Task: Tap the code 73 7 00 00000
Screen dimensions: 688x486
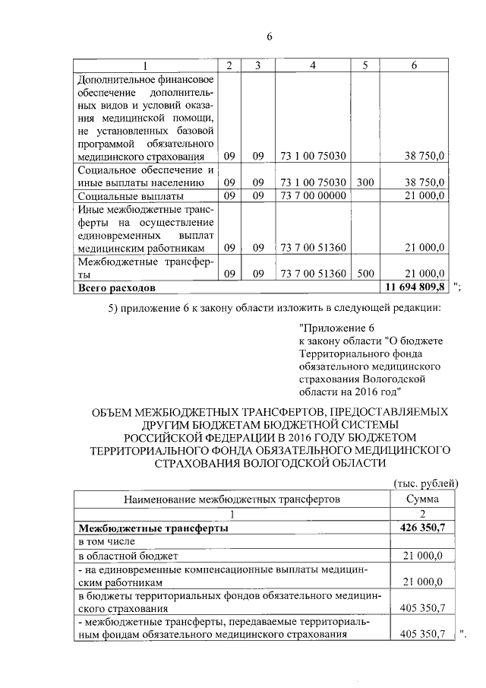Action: pyautogui.click(x=313, y=196)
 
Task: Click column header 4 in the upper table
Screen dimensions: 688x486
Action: pyautogui.click(x=313, y=66)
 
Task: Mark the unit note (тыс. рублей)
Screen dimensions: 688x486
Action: pyautogui.click(x=425, y=484)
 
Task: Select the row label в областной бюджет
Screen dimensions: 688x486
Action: pyautogui.click(x=125, y=556)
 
